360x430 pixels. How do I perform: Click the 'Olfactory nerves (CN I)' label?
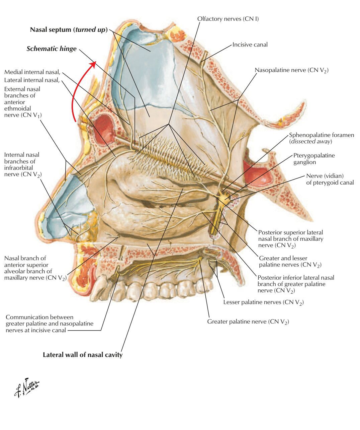click(x=228, y=19)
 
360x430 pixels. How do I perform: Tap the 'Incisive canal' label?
click(x=250, y=45)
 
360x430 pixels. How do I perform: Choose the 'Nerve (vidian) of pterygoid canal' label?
click(x=330, y=179)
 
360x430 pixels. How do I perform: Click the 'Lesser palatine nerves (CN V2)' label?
click(x=263, y=302)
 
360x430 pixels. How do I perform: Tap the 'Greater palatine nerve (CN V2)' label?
click(x=248, y=322)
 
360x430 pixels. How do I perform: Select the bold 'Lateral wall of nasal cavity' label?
click(x=83, y=355)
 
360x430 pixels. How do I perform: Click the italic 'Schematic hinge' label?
click(x=52, y=49)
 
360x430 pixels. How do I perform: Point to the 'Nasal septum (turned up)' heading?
click(x=69, y=29)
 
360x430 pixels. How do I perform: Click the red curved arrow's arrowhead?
click(x=94, y=64)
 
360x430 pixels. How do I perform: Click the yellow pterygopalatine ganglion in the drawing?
click(x=222, y=200)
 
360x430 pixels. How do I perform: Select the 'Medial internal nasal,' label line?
click(x=32, y=72)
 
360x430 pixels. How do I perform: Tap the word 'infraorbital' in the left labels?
click(x=20, y=168)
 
